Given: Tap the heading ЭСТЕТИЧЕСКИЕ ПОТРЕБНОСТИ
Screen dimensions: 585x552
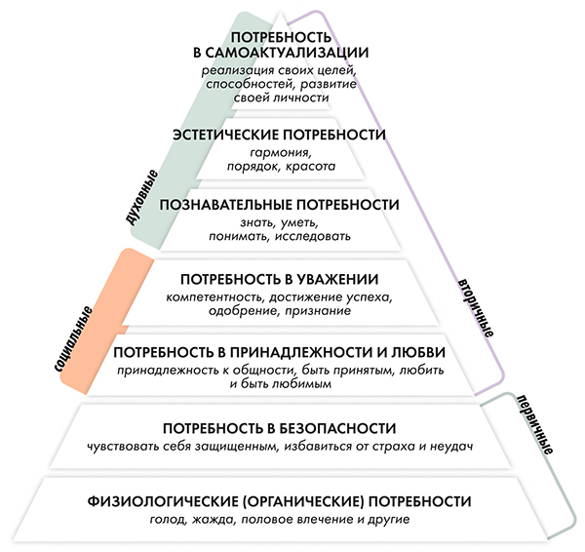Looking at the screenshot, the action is click(278, 135).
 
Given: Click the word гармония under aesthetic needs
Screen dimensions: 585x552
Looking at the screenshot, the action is click(279, 153).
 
